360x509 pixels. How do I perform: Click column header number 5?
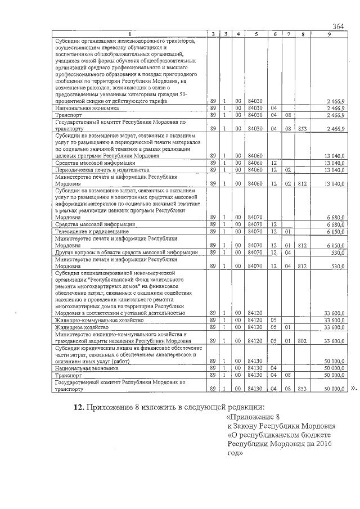[x=256, y=35]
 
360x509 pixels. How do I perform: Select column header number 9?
[x=329, y=35]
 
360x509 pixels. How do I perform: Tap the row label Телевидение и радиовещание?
[x=84, y=232]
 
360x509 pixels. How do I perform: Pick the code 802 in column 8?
[x=303, y=341]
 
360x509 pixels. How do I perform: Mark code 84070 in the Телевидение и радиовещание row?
[x=256, y=232]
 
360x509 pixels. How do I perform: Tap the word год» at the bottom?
[x=236, y=453]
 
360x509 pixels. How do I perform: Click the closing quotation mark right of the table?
[x=353, y=388]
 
